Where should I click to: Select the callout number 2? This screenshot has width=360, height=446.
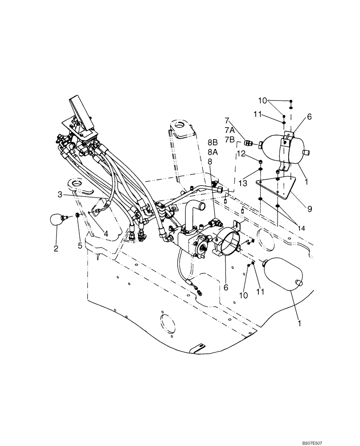[x=56, y=248]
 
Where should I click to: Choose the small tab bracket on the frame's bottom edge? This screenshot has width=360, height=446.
[x=197, y=349]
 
